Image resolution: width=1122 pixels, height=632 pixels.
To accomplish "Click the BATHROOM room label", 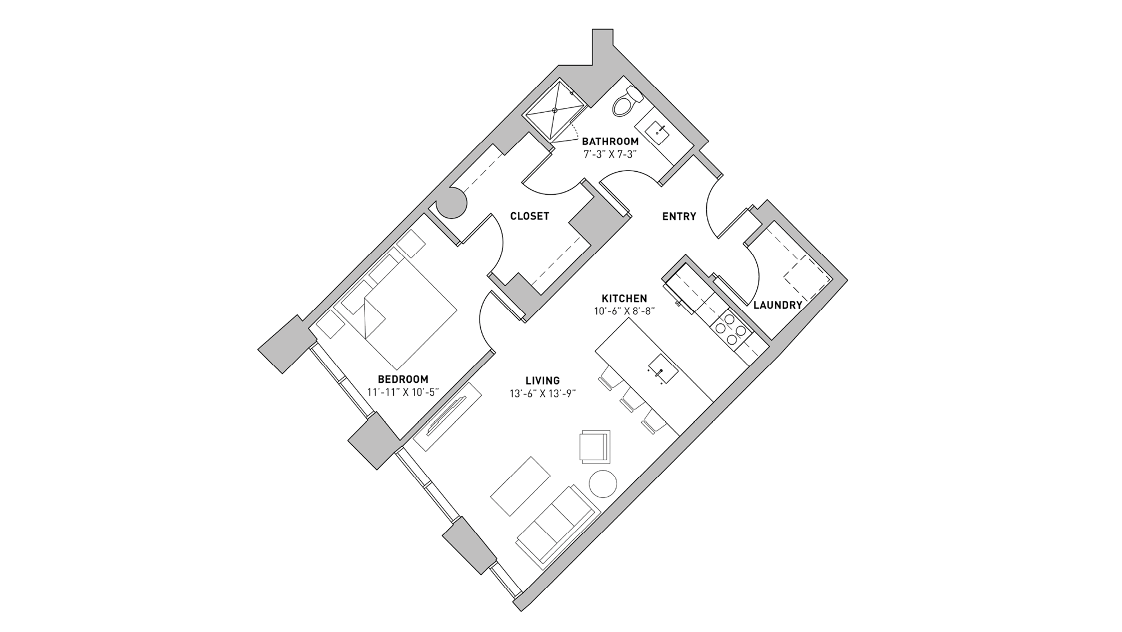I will [x=610, y=141].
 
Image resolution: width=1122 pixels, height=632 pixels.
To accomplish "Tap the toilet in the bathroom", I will [x=624, y=104].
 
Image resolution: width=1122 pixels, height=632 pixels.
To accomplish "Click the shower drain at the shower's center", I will [x=555, y=111].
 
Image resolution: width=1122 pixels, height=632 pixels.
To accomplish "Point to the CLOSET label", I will [x=529, y=216].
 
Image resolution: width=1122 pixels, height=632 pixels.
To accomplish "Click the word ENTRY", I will [x=679, y=216].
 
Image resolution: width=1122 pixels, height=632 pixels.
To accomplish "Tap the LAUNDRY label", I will [x=777, y=305].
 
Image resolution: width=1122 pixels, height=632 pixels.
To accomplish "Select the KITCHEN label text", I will [x=624, y=298].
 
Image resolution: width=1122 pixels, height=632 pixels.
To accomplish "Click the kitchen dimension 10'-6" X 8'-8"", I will [x=624, y=310].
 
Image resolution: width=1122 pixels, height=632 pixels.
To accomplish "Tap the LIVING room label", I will [x=542, y=381].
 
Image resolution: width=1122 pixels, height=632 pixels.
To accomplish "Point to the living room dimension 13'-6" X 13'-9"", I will [x=542, y=394].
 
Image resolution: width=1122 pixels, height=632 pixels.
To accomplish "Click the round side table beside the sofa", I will [x=603, y=483].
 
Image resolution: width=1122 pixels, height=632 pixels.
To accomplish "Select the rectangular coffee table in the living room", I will [x=520, y=486].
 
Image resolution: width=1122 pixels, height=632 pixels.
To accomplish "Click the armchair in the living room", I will [x=595, y=446].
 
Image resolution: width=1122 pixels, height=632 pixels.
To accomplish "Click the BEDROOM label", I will [x=402, y=379].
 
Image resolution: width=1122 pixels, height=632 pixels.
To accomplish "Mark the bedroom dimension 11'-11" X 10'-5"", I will [x=402, y=392].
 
